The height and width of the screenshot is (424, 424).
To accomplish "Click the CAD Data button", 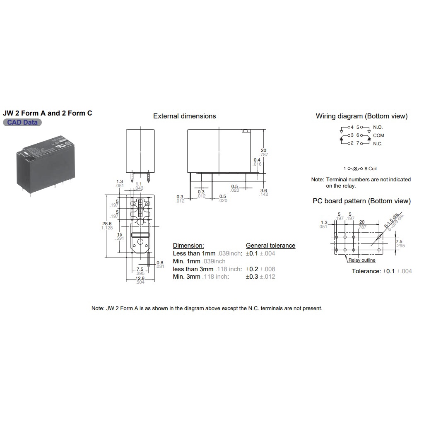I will (x=22, y=123).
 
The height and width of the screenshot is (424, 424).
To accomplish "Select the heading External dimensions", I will (x=184, y=116).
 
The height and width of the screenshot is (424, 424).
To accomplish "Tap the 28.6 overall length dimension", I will (x=107, y=224).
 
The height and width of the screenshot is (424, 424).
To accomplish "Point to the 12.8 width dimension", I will (x=140, y=279).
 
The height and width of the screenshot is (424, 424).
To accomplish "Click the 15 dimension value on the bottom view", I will (x=120, y=235).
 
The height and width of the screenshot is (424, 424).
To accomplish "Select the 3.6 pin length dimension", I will (x=264, y=190).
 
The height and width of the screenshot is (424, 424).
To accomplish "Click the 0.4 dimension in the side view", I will (x=257, y=160).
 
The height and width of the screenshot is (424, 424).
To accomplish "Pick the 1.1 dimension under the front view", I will (x=139, y=184).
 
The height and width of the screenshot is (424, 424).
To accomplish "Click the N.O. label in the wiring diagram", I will (x=378, y=127).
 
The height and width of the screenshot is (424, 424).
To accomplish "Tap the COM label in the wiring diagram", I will (x=378, y=135).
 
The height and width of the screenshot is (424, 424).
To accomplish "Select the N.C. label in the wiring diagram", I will (x=378, y=144).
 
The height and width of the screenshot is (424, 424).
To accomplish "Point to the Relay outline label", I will (x=361, y=260).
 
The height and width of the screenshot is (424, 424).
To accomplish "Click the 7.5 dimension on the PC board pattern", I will (x=399, y=241).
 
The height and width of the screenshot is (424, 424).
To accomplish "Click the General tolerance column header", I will (x=270, y=246).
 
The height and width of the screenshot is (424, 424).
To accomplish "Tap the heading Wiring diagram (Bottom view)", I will (x=361, y=116).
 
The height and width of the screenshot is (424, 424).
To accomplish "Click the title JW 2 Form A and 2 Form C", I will (x=48, y=113).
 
